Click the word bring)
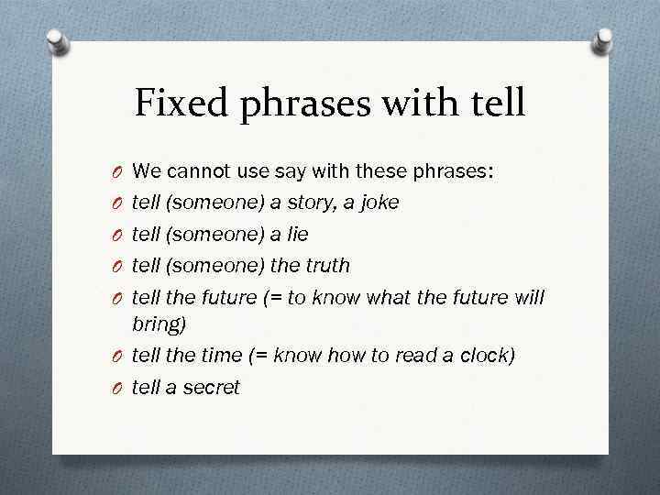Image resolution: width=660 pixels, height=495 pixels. click(x=160, y=324)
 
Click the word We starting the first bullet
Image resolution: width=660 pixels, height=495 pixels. click(x=145, y=170)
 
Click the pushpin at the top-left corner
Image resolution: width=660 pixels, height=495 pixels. click(x=57, y=42)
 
